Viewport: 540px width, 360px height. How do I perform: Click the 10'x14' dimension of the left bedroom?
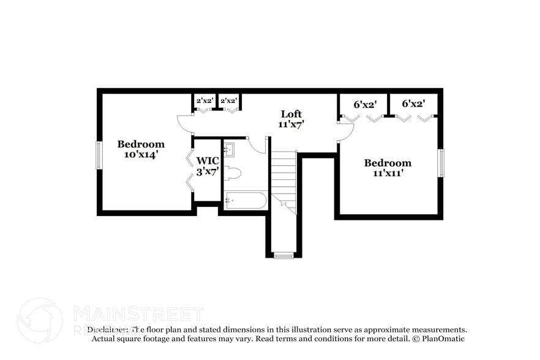(x=141, y=155)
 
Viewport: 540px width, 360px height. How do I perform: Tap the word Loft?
(x=291, y=114)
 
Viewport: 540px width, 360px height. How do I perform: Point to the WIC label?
(x=207, y=161)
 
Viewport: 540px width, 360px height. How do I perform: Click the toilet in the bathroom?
(x=233, y=173)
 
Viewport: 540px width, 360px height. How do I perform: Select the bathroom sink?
(x=229, y=149)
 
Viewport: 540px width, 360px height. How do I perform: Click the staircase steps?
(x=284, y=178)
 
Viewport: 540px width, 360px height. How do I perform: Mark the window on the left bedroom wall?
(x=99, y=155)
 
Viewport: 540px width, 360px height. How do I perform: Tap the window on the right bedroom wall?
(x=440, y=163)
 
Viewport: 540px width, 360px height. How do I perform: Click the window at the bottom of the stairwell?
(x=283, y=255)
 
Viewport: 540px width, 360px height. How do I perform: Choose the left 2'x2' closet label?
(x=204, y=100)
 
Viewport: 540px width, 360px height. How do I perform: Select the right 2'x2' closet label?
(x=228, y=100)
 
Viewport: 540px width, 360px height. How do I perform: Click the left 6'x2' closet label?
(x=365, y=104)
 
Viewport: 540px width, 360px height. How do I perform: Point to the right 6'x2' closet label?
(x=413, y=104)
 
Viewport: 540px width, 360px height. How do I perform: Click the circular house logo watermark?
(x=40, y=321)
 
